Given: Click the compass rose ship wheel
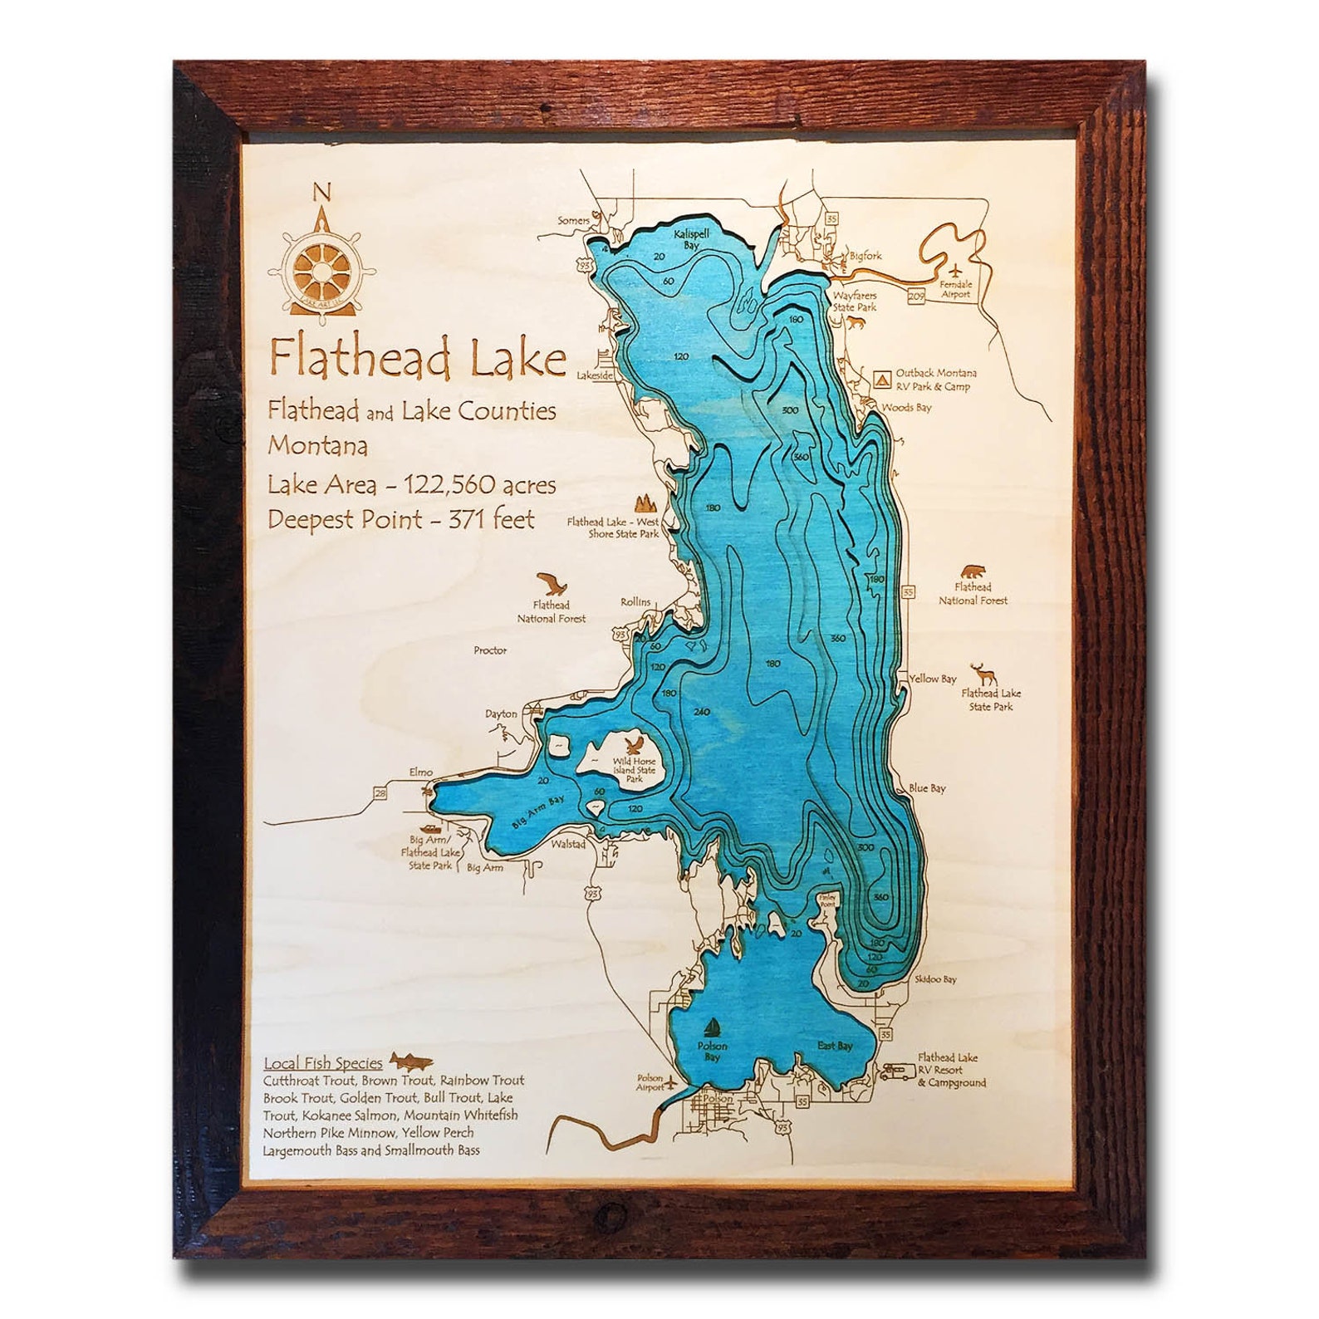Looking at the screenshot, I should [x=321, y=270].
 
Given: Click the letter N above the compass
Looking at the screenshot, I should [x=321, y=194].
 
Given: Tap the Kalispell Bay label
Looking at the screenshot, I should [x=691, y=240].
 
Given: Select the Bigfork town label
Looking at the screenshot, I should [x=865, y=257].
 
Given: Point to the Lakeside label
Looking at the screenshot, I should [x=595, y=375].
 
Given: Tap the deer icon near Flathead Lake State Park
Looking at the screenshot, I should [x=985, y=673].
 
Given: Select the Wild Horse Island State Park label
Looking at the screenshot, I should [x=634, y=770].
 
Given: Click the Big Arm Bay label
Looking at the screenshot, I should [x=537, y=812].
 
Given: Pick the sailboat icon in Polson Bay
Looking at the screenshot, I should [x=713, y=1027].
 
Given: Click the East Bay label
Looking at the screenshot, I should [x=835, y=1046].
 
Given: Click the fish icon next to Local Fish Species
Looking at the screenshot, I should [x=411, y=1060].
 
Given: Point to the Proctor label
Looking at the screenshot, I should [x=490, y=650].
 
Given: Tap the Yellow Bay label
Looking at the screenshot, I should [x=932, y=679].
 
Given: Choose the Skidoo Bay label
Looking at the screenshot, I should [x=935, y=979].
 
